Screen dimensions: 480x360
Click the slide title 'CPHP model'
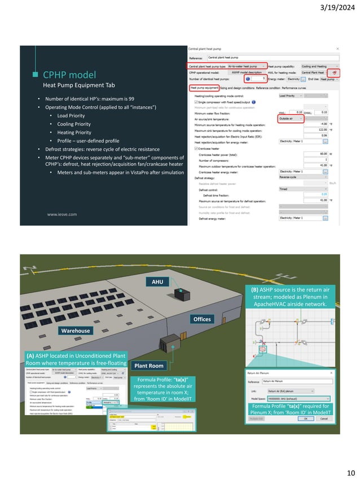tap(69, 74)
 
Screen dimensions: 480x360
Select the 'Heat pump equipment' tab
tap(205, 88)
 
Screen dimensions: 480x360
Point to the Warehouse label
tap(76, 330)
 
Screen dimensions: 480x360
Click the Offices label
tap(201, 319)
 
